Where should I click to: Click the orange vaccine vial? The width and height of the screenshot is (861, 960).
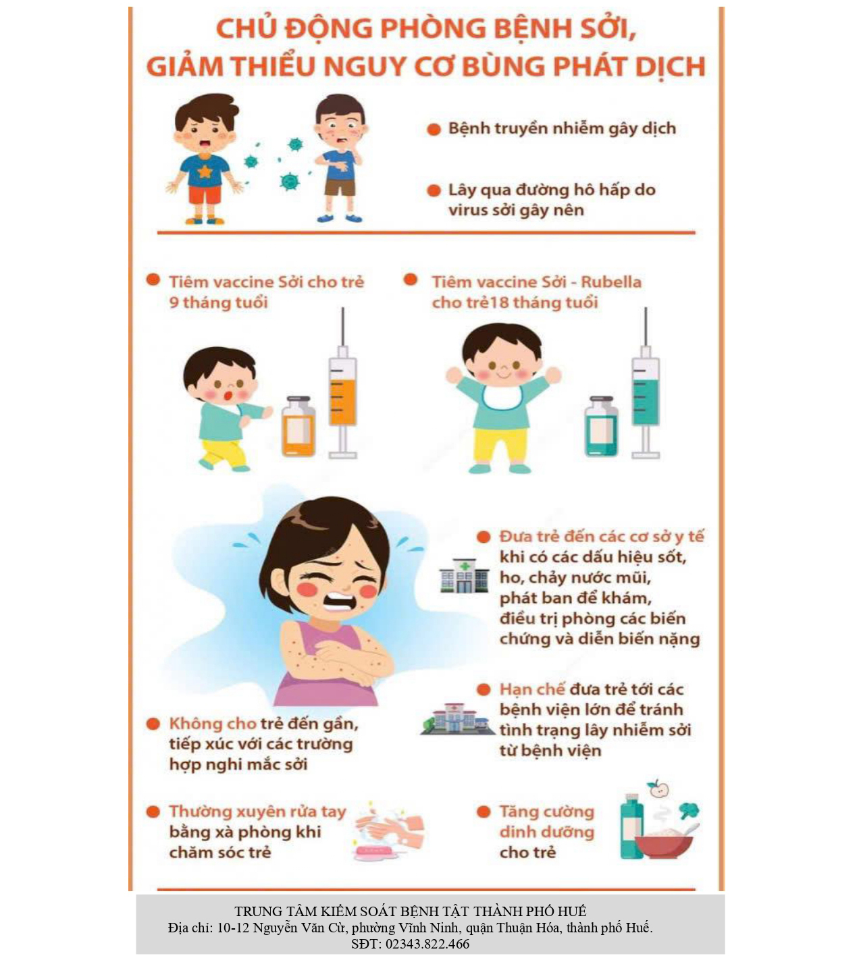(x=298, y=426)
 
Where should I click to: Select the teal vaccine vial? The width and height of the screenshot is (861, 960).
(x=601, y=426)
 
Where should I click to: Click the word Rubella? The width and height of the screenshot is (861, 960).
(x=611, y=282)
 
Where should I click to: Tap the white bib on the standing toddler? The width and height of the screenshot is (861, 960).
(x=502, y=397)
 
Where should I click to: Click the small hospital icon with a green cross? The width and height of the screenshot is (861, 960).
(x=464, y=576)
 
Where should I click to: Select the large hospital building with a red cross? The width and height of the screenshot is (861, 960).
(x=457, y=719)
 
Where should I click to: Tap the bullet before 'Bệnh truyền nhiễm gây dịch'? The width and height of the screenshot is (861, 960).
(x=434, y=130)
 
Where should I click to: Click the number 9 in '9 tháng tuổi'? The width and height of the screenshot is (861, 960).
(x=174, y=302)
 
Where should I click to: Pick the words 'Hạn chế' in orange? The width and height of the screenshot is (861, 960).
(x=532, y=689)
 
